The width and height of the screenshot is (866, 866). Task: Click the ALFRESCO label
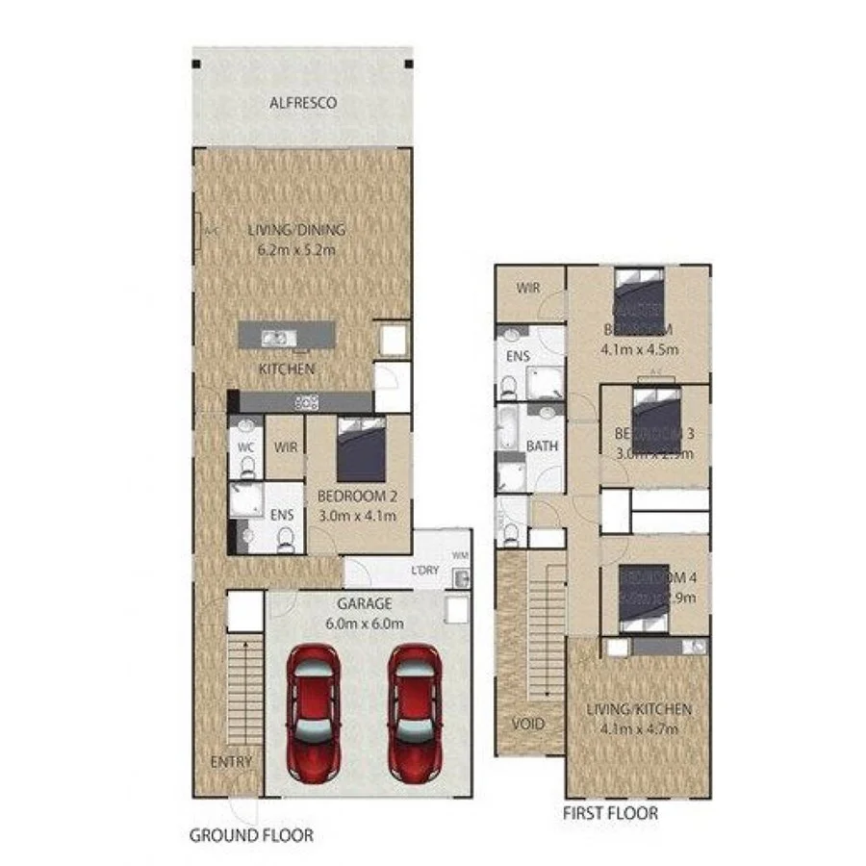[x=302, y=102]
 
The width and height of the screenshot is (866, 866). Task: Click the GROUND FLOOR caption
[x=250, y=834]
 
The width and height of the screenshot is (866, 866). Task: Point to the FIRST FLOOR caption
[x=610, y=813]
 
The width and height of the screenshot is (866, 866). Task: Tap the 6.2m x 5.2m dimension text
[x=295, y=250]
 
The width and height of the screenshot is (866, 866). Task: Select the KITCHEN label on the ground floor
[x=287, y=369]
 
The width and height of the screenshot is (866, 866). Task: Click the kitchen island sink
[x=278, y=338]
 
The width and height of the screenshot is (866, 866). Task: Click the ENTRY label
[x=231, y=761]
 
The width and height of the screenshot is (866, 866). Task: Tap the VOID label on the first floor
[x=528, y=724]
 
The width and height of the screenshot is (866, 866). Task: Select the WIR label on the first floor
[x=528, y=288]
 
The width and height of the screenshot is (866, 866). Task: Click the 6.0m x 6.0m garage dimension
[x=364, y=623]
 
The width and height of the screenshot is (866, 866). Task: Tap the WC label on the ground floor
[x=246, y=447]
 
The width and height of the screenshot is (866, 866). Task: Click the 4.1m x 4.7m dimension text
[x=639, y=728]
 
